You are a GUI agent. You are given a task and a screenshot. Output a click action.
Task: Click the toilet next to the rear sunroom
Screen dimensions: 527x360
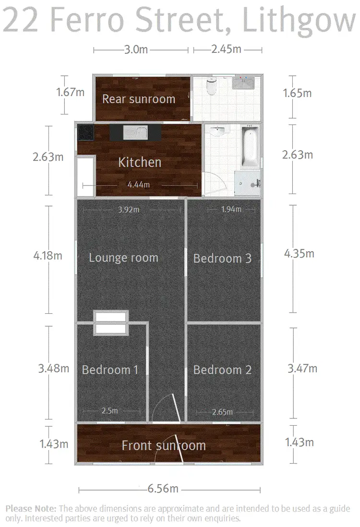(x=212, y=87)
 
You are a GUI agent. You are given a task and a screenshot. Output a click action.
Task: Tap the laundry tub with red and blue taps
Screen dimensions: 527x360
(x=246, y=84)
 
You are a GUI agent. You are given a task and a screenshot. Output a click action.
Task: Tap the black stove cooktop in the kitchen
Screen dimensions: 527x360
(x=85, y=132)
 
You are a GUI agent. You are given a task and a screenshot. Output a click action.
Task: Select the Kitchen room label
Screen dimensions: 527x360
(x=140, y=162)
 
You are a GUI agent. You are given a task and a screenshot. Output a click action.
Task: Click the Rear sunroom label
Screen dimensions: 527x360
(x=139, y=99)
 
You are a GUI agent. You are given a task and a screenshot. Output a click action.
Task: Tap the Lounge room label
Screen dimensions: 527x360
(x=123, y=258)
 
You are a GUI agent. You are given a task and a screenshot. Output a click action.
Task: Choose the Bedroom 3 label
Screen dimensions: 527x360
(x=222, y=258)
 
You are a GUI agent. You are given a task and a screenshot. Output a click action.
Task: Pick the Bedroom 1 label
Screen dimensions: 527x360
(x=110, y=370)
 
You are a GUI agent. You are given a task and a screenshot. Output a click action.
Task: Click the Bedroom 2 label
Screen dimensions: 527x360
(x=222, y=370)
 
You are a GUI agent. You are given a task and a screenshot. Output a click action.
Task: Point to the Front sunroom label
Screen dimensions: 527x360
(x=164, y=445)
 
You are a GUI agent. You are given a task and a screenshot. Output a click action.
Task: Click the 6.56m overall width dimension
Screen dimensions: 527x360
(x=163, y=489)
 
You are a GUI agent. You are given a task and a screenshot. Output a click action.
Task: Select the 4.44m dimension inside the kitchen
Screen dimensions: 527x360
(x=138, y=184)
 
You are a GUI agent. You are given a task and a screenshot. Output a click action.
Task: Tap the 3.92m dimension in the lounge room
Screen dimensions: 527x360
(x=129, y=209)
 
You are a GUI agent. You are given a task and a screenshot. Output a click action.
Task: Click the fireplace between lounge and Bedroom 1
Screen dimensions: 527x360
(x=111, y=322)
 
